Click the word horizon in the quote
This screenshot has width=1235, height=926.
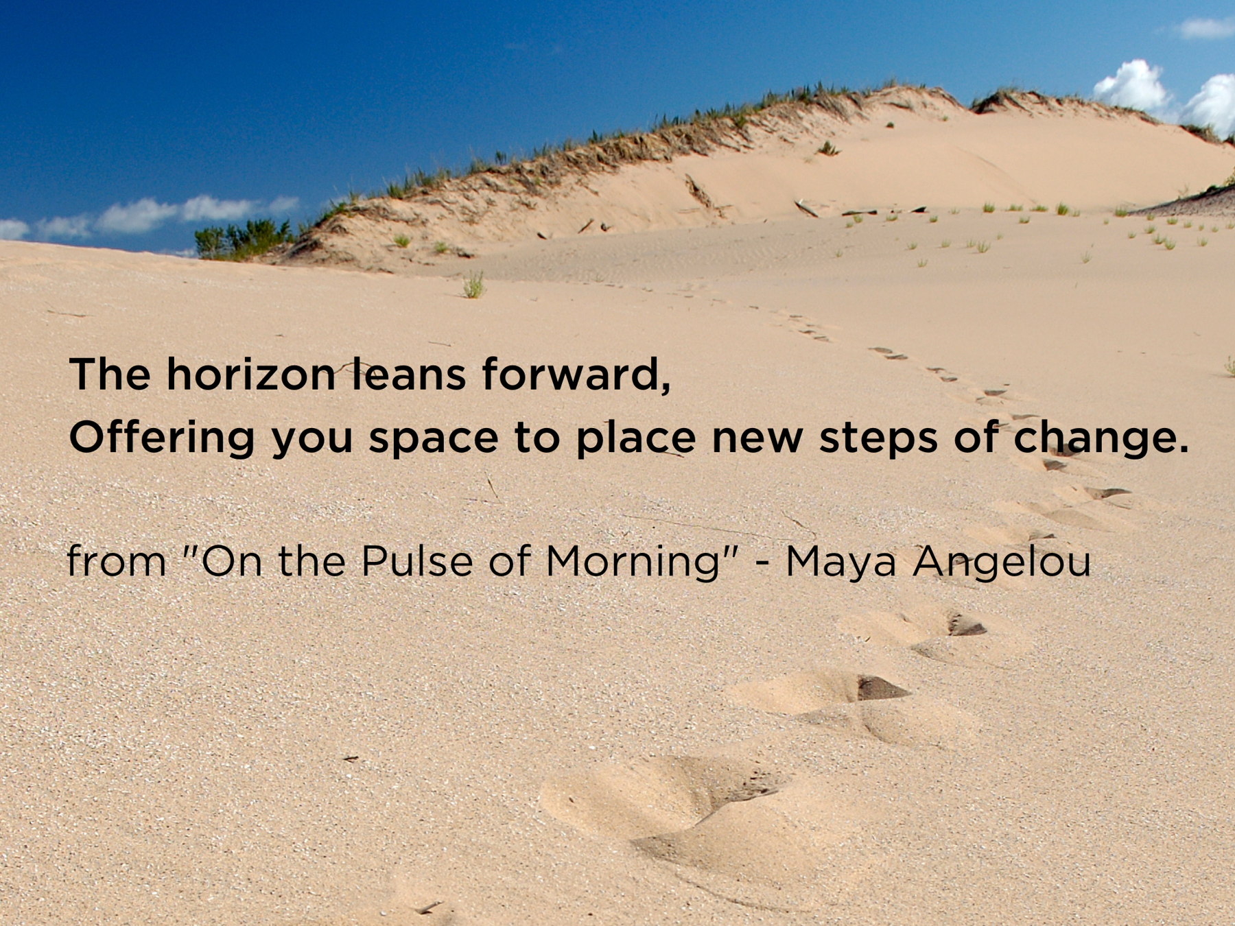click(250, 375)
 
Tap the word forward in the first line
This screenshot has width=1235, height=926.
click(576, 375)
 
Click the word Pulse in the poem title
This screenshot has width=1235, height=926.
click(417, 561)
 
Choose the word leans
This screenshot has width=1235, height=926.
click(409, 375)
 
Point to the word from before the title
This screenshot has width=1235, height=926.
click(117, 561)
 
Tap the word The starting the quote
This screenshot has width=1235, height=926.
click(110, 375)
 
